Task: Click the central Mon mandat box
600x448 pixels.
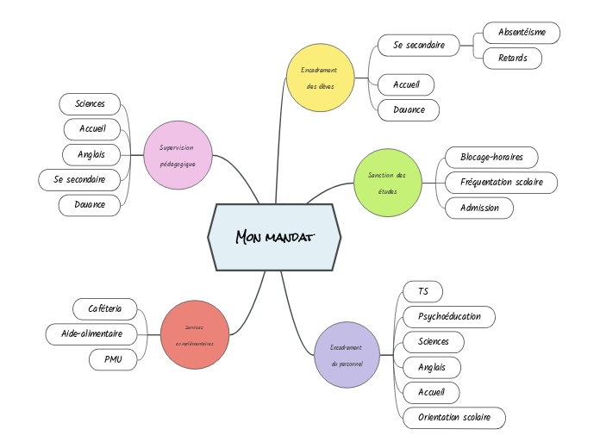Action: point(274,237)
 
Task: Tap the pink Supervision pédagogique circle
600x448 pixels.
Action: point(178,154)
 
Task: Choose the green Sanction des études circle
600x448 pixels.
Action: point(388,182)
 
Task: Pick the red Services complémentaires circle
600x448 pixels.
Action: point(195,334)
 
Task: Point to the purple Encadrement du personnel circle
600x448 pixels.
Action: point(347,355)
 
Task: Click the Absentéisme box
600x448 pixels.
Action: point(521,33)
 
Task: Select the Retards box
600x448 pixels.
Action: point(512,59)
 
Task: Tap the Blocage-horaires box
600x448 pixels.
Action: point(491,157)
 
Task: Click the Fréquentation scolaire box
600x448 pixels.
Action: point(501,183)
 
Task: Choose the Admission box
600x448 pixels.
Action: point(479,208)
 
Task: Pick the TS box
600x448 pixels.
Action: point(422,291)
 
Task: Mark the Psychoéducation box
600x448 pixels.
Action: point(449,316)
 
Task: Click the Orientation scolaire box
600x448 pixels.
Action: point(454,418)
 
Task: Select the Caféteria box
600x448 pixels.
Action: point(105,308)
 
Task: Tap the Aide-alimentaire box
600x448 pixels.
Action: point(91,333)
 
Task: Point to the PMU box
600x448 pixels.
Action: point(113,359)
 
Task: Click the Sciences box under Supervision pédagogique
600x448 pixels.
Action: point(90,103)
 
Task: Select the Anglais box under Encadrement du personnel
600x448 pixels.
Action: point(432,367)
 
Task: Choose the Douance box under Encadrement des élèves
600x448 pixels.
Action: point(409,110)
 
